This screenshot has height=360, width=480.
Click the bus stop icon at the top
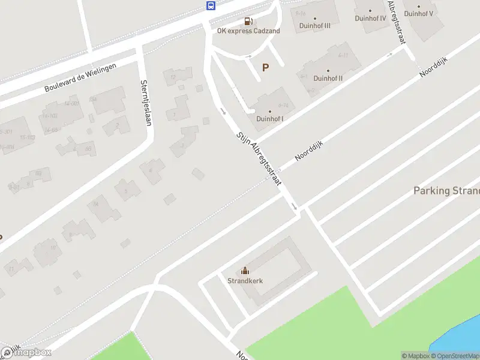pos(211,6)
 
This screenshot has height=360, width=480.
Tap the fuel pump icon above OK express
pos(248,22)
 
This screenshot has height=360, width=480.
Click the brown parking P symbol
pos(265,68)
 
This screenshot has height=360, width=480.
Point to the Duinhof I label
pos(270,119)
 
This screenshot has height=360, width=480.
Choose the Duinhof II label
pos(328,78)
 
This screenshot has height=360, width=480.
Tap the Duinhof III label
pos(315,26)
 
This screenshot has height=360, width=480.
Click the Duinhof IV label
pos(370,18)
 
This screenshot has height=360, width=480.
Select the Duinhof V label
pos(418,13)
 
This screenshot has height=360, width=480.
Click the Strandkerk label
pos(245,280)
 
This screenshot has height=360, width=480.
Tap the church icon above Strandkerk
pos(245,271)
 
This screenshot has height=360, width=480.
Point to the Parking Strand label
pos(446,191)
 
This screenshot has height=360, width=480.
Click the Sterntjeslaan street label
pos(146,103)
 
